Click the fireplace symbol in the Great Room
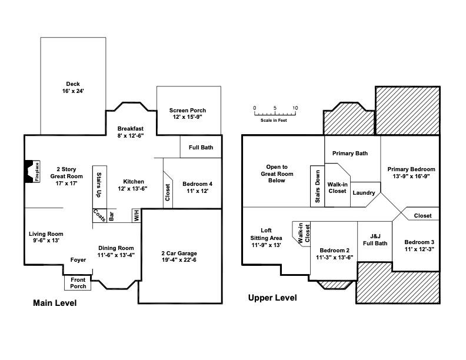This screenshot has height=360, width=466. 31,172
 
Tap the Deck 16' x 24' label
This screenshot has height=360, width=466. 73,88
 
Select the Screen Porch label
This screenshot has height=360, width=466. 188,114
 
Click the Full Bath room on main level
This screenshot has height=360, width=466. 201,147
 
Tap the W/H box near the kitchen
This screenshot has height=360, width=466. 136,216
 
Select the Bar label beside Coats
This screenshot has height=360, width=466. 112,216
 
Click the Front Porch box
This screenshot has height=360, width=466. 78,283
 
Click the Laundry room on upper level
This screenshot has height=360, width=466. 364,193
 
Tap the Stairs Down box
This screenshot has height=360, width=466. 317,186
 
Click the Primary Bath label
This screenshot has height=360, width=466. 350,154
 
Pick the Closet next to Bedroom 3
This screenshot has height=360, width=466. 422,216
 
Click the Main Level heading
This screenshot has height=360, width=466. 54,304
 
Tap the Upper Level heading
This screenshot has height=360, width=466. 272,298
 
